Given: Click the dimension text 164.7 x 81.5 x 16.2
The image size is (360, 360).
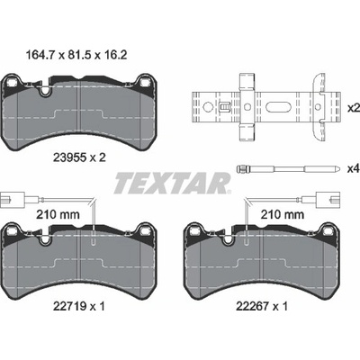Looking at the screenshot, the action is [76, 55].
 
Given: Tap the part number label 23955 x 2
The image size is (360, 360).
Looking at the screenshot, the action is [79, 157].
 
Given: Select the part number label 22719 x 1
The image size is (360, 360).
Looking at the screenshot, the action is [79, 306].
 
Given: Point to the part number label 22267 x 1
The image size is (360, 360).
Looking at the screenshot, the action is [262, 306].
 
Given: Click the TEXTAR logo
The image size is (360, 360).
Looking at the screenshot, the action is [172, 183].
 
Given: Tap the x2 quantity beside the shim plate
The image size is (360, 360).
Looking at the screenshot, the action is [354, 108].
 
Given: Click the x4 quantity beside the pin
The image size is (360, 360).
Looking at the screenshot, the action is [354, 169].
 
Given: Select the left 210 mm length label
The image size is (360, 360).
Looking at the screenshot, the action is [58, 214].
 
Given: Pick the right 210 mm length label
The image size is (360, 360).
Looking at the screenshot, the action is [282, 214].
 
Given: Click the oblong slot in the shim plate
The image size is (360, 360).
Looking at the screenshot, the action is [278, 106].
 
